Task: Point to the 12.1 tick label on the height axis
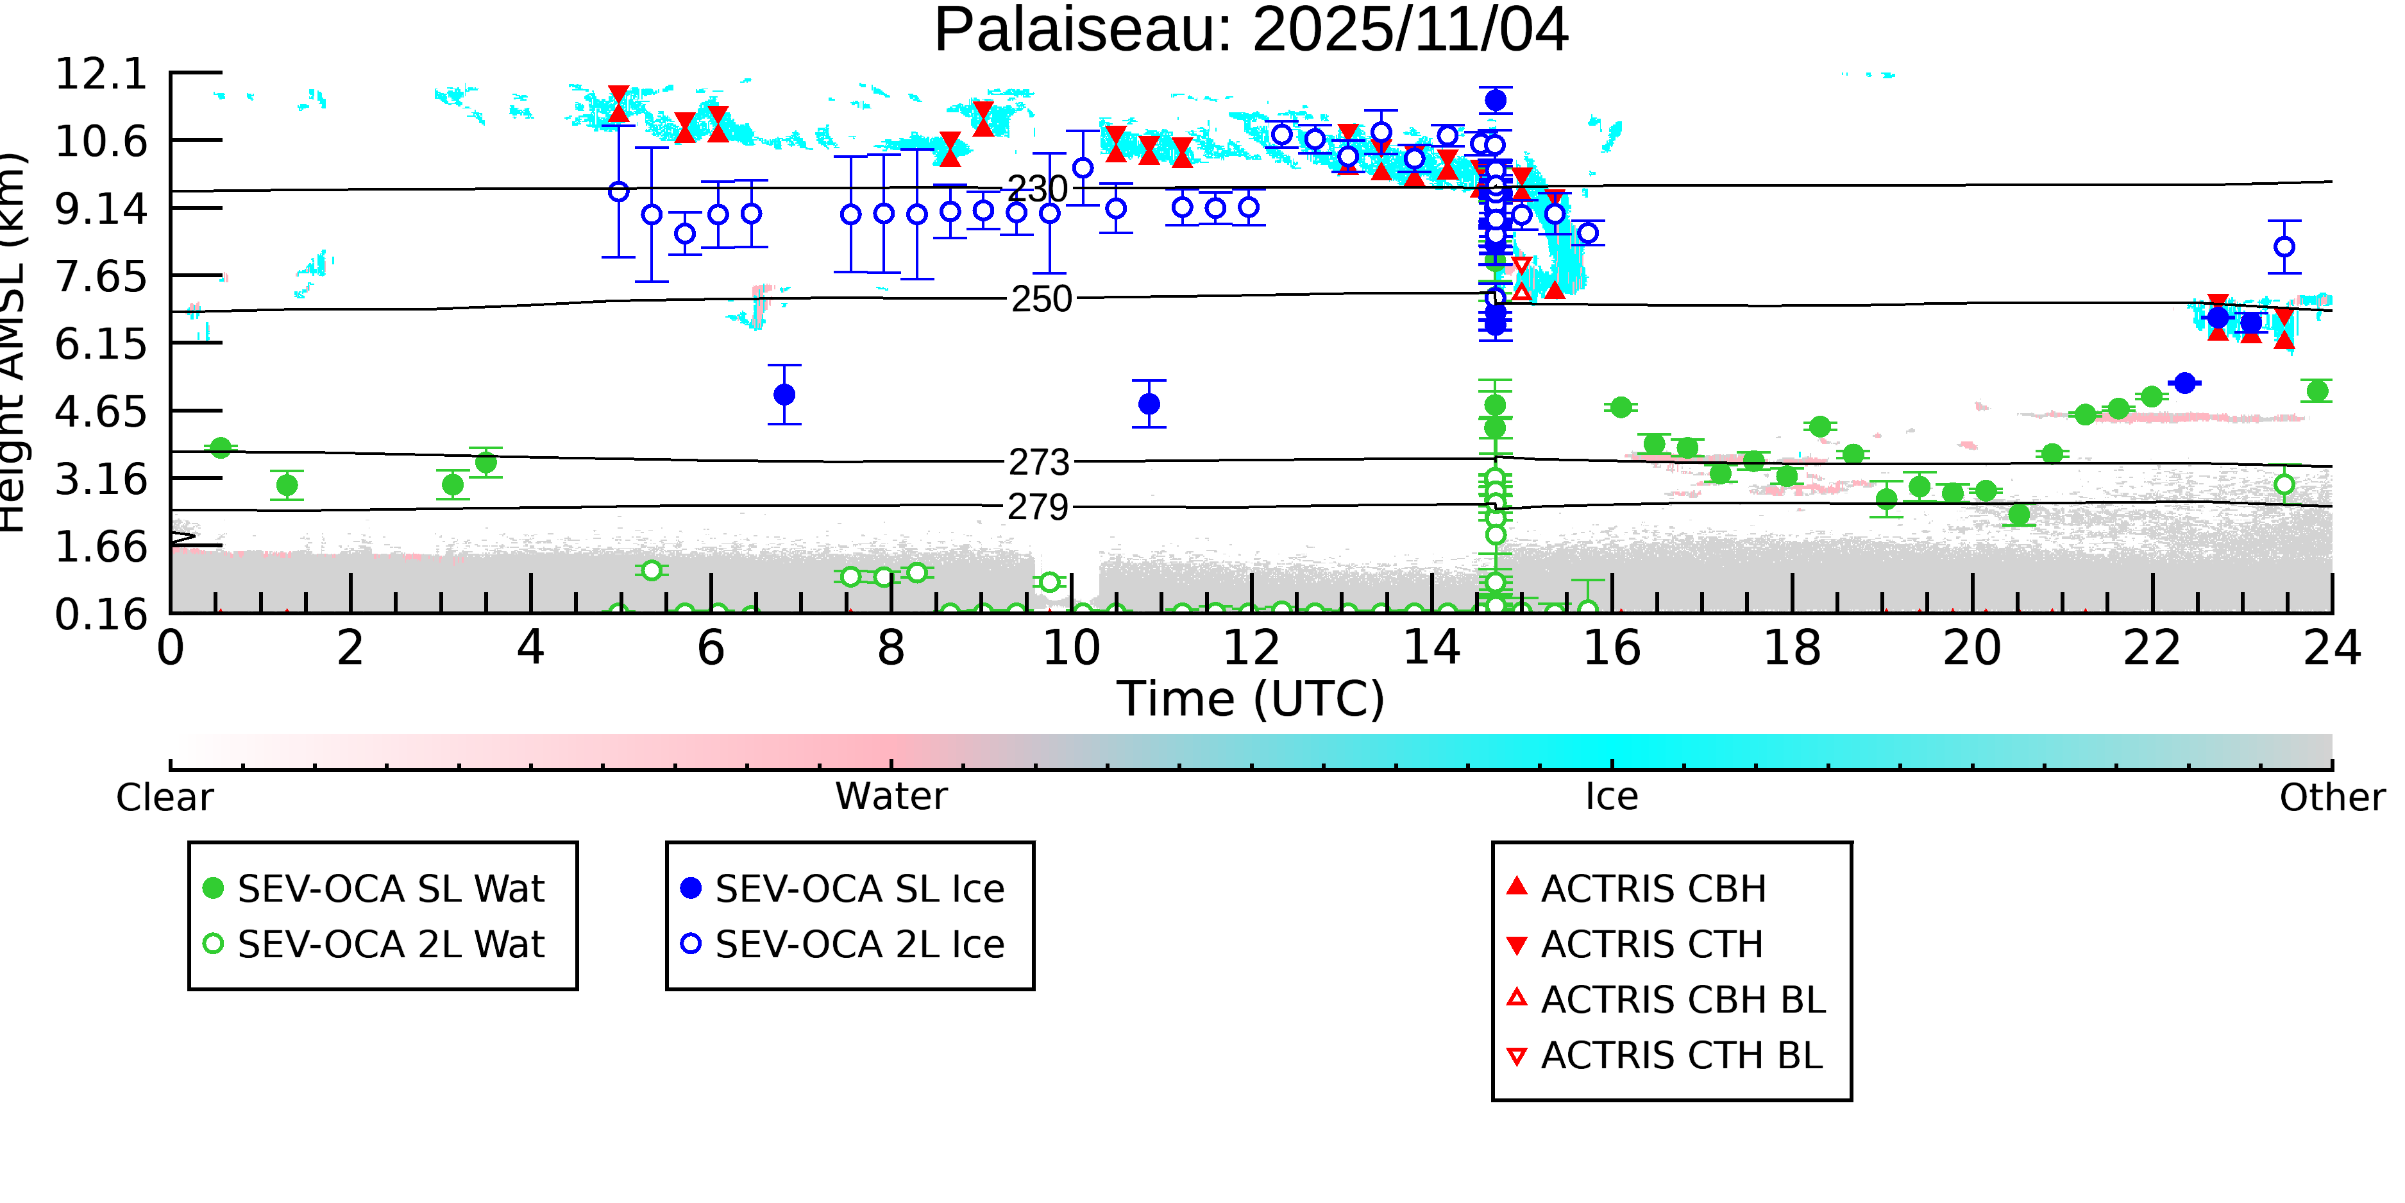[101, 74]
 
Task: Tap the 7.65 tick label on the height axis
[101, 277]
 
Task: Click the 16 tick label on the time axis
[1612, 648]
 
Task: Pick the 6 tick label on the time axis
[711, 648]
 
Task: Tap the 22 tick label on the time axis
[2152, 648]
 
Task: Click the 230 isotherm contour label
[1038, 189]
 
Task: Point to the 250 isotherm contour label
[1041, 299]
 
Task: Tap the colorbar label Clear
[164, 798]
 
